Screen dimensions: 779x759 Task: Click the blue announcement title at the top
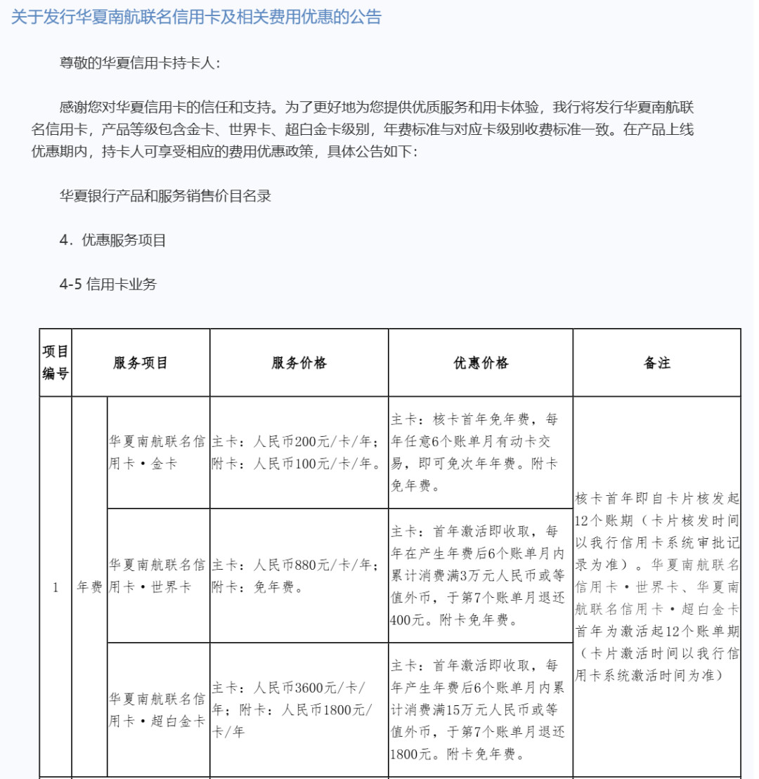[x=196, y=18]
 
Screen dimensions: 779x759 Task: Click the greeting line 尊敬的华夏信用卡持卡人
[x=141, y=63]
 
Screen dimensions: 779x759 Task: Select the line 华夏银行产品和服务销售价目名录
[x=166, y=196]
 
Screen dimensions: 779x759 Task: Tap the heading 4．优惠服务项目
[x=113, y=240]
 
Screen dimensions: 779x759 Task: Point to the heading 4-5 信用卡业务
[x=108, y=284]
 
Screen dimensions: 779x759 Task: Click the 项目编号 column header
[x=56, y=362]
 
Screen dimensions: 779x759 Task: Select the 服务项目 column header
[x=141, y=363]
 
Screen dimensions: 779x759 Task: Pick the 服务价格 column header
[x=299, y=363]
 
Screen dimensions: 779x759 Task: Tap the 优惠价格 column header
[x=481, y=363]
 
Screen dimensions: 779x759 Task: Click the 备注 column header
[x=656, y=363]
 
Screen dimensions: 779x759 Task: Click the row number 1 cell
[x=56, y=587]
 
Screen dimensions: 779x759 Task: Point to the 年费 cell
[x=89, y=587]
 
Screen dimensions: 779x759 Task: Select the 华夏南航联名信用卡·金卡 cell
[x=158, y=452]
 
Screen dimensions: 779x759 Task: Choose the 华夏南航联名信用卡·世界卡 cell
[x=158, y=575]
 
